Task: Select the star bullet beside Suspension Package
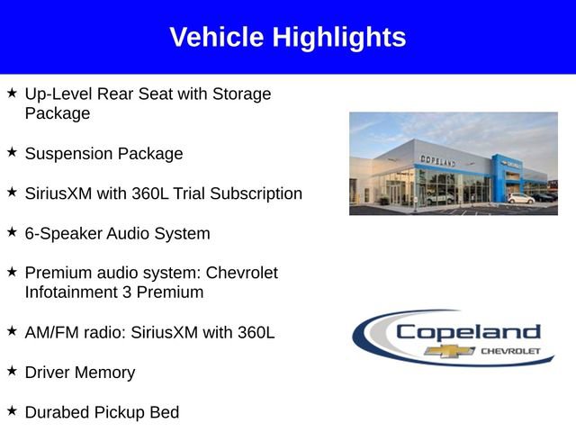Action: point(12,153)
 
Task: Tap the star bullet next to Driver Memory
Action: point(12,372)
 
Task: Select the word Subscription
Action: point(260,193)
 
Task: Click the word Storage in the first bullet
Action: point(242,94)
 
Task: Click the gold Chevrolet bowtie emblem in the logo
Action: point(444,350)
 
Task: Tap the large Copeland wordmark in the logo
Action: point(468,332)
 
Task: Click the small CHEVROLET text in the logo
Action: point(511,350)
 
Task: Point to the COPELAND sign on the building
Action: point(437,160)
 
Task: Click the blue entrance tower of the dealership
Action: point(500,176)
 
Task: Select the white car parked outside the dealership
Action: point(520,198)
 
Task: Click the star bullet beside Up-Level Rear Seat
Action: point(12,94)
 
